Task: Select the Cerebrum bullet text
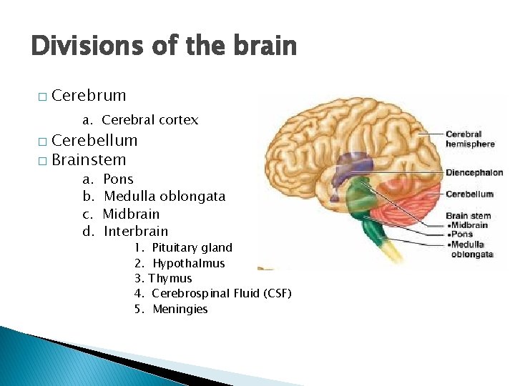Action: pyautogui.click(x=89, y=96)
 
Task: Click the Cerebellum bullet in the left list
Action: pyautogui.click(x=94, y=141)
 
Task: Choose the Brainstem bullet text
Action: pyautogui.click(x=89, y=160)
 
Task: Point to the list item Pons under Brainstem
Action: pyautogui.click(x=119, y=179)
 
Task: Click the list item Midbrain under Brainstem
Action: pyautogui.click(x=132, y=214)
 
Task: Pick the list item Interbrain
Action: pyautogui.click(x=136, y=231)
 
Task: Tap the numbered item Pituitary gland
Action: pyautogui.click(x=192, y=248)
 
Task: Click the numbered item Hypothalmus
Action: pyautogui.click(x=188, y=264)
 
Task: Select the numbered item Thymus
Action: pyautogui.click(x=170, y=279)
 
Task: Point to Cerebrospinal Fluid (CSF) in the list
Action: pyautogui.click(x=222, y=294)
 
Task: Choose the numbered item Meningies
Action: pyautogui.click(x=180, y=310)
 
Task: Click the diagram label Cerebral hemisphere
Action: pyautogui.click(x=470, y=139)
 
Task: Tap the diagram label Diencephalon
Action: pyautogui.click(x=474, y=172)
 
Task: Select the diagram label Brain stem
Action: pyautogui.click(x=468, y=215)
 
